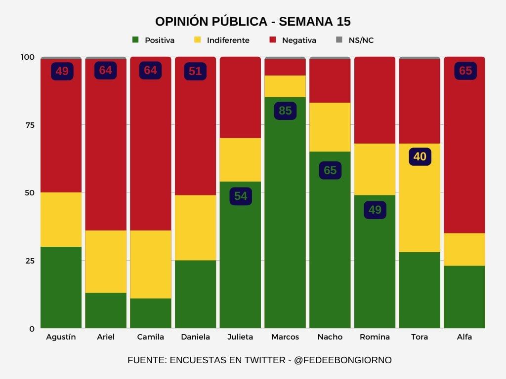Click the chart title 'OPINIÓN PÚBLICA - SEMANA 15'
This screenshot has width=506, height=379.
pos(253,22)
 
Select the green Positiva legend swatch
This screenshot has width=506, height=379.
pos(135,39)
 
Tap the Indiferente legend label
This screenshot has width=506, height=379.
pos(228,40)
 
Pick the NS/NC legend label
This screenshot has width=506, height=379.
pos(361,40)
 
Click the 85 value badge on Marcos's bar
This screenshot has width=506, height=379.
pos(285,111)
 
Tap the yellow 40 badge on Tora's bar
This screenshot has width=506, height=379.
pos(420,156)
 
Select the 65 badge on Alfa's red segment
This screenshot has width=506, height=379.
pos(465,71)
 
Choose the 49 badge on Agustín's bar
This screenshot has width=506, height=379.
pos(62,71)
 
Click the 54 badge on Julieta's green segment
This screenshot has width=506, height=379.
pos(241,196)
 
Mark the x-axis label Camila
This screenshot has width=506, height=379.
pos(150,337)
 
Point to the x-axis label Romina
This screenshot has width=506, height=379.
pos(375,337)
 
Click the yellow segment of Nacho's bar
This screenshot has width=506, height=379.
pos(330,127)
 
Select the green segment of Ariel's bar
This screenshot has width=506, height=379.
pos(106,310)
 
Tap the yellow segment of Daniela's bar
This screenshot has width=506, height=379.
pos(195,227)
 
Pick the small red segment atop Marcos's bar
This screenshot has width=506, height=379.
pos(285,67)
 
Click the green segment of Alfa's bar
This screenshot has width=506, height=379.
pos(464,297)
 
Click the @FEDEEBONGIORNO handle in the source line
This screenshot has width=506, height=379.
pos(342,360)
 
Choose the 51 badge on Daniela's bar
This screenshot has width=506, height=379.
pos(195,71)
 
